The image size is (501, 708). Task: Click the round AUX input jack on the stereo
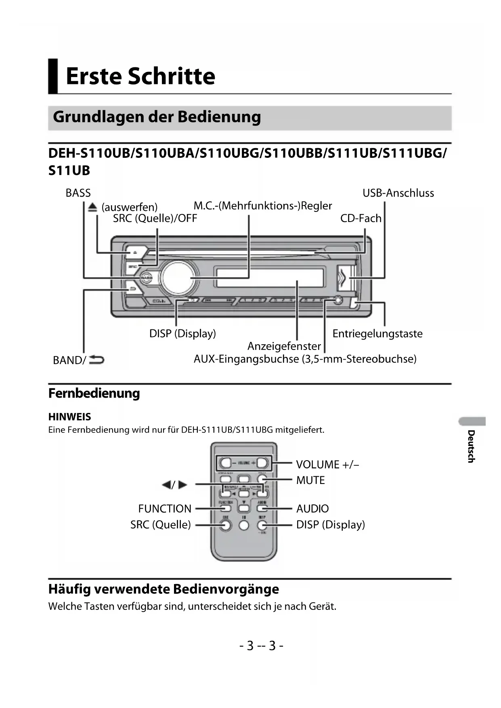pos(338,300)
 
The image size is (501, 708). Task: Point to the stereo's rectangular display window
pos(270,278)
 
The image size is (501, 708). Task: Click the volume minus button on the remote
pos(226,463)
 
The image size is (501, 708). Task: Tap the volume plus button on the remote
pos(262,463)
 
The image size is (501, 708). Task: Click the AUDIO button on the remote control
pos(262,508)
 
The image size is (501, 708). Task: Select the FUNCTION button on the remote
pos(226,508)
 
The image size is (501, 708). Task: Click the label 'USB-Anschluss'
pos(398,193)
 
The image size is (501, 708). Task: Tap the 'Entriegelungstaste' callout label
pos(377,334)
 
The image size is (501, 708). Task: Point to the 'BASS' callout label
pos(78,193)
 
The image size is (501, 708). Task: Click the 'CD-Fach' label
pos(361,218)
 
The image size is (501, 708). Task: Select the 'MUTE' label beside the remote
pos(310,480)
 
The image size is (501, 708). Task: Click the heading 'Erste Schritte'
pos(140,76)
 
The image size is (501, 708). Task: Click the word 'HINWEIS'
pos(69,417)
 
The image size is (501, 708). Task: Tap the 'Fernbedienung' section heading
pos(94,393)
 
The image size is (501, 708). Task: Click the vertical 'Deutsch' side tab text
pos(471,446)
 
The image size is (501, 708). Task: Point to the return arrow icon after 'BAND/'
pos(96,359)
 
